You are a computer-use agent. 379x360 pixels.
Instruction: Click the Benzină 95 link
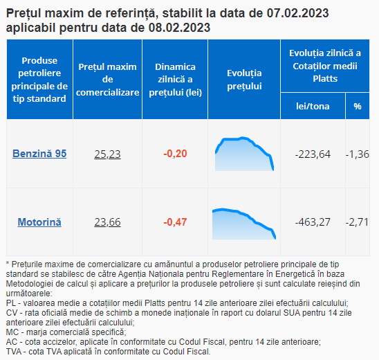[39, 154]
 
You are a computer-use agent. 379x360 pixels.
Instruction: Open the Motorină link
[39, 222]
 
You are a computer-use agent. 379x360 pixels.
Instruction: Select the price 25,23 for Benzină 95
[107, 154]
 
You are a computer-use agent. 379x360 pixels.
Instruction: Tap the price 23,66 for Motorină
[107, 222]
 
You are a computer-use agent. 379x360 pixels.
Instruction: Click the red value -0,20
[175, 154]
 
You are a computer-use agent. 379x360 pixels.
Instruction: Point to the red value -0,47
[175, 222]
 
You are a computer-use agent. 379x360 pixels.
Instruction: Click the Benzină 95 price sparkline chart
[244, 154]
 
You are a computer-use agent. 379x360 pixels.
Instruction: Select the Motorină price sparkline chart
[244, 224]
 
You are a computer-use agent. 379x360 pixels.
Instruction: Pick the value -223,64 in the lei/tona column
[313, 154]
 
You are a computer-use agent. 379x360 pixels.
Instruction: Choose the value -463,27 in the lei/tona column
[313, 222]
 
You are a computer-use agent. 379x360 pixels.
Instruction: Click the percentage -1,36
[358, 154]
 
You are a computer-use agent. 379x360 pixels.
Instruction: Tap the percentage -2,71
[357, 222]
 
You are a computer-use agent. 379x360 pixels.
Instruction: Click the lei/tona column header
[313, 106]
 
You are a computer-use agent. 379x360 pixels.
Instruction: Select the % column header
[358, 106]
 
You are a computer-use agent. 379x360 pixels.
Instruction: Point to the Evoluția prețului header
[244, 80]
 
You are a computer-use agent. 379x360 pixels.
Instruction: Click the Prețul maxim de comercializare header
[107, 80]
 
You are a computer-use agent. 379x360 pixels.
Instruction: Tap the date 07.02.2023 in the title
[297, 13]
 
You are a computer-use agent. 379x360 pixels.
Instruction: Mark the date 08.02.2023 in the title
[179, 28]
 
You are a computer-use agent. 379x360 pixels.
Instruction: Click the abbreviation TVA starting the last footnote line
[14, 352]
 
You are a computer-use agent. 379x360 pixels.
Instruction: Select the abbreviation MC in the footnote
[12, 332]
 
